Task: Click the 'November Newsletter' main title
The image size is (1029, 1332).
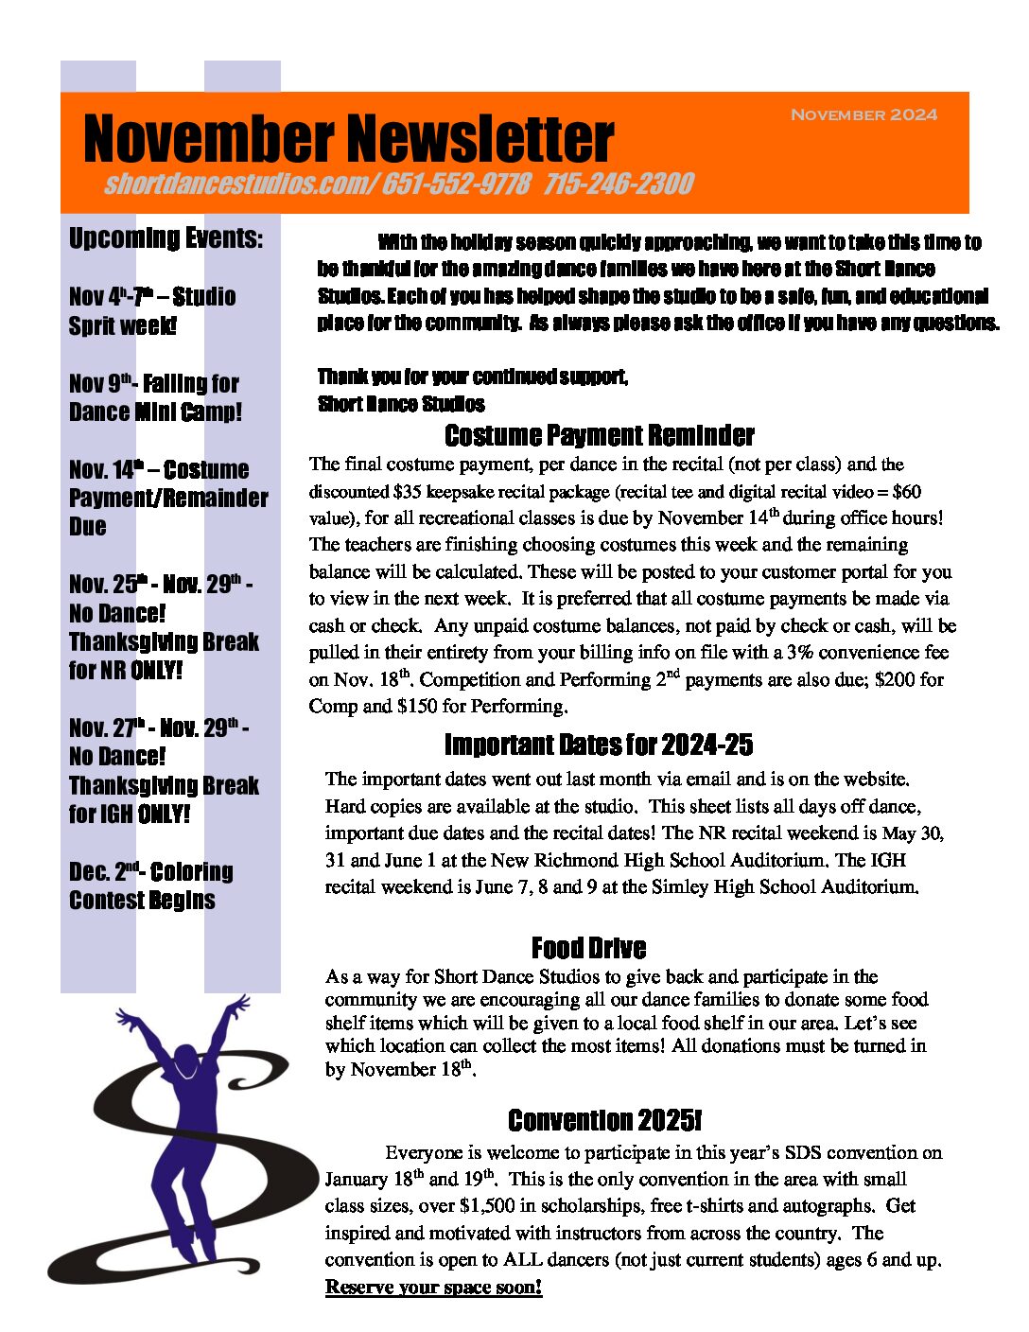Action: pyautogui.click(x=348, y=139)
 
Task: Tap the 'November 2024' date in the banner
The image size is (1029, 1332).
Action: pyautogui.click(x=863, y=114)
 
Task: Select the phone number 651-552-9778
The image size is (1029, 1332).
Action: pyautogui.click(x=456, y=184)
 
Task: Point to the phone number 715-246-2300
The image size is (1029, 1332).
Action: pyautogui.click(x=619, y=184)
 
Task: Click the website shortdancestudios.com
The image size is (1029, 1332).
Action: pyautogui.click(x=238, y=184)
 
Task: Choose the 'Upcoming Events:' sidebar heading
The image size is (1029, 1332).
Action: pyautogui.click(x=166, y=237)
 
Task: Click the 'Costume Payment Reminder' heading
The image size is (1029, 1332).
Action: pyautogui.click(x=599, y=435)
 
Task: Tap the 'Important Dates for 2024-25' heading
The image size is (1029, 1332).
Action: pyautogui.click(x=599, y=745)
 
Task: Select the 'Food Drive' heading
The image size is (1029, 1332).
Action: pyautogui.click(x=588, y=948)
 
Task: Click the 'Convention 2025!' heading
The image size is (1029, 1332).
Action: pyautogui.click(x=604, y=1120)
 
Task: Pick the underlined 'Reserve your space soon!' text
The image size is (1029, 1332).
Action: pyautogui.click(x=433, y=1287)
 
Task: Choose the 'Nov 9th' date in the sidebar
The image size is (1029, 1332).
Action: pyautogui.click(x=100, y=383)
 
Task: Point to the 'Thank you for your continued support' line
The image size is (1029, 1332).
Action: pyautogui.click(x=473, y=377)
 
